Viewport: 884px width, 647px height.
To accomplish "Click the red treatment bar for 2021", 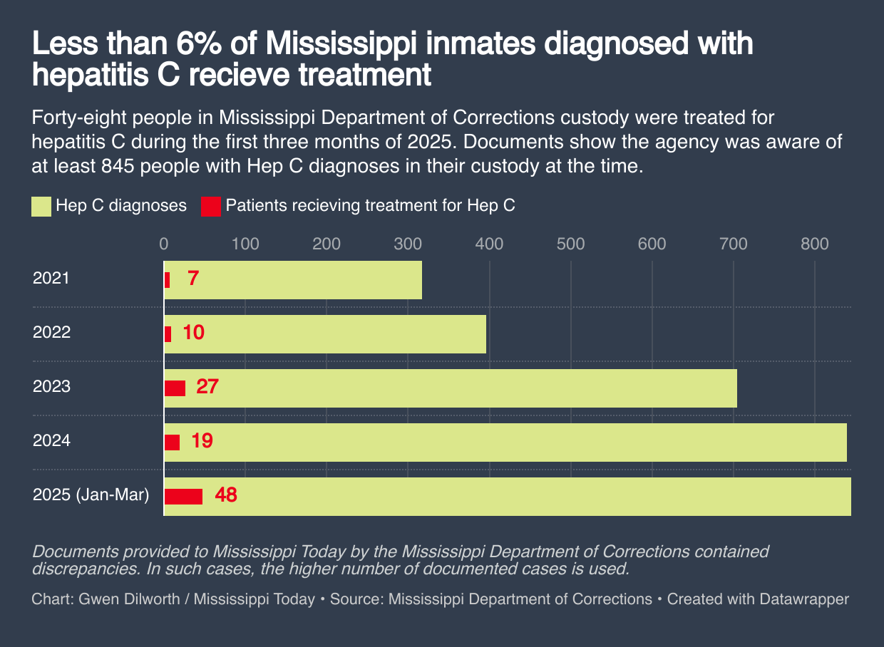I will tap(167, 279).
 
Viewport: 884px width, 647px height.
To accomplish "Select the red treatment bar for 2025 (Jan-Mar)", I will tap(183, 496).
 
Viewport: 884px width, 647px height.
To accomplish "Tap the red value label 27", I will tap(207, 387).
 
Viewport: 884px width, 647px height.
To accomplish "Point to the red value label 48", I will tap(226, 495).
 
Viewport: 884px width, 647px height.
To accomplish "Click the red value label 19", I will tap(202, 441).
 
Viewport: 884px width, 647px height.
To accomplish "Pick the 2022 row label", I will tap(51, 332).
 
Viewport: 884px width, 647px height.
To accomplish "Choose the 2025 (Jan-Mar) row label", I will tap(91, 495).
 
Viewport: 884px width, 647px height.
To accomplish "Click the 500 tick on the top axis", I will tap(570, 244).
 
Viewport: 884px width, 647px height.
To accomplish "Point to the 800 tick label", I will tap(814, 244).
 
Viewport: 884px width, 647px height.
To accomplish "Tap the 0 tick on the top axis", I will tap(164, 244).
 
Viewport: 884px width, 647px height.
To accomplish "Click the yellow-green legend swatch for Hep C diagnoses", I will tap(41, 207).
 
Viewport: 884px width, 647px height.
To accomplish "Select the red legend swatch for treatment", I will tap(210, 207).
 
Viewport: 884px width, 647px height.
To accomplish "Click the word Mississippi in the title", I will tap(340, 45).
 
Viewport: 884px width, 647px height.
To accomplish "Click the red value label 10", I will tap(192, 333).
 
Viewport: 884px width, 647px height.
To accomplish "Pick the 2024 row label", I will tap(51, 441).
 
